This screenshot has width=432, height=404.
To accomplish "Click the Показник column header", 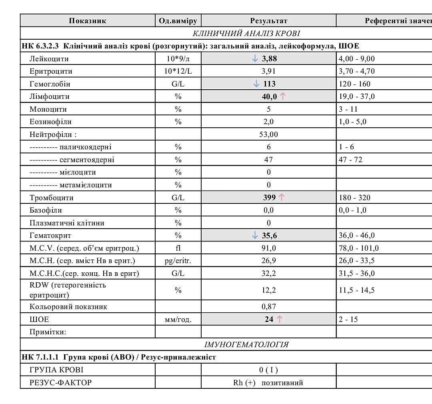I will (88, 21).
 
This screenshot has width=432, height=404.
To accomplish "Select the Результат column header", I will (268, 21).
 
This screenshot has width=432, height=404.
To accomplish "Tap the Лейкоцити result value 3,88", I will (269, 59).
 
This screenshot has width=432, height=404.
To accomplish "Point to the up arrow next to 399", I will (282, 197).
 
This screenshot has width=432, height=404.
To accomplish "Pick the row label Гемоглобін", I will (50, 84).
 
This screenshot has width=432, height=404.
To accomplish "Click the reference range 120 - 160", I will (354, 84).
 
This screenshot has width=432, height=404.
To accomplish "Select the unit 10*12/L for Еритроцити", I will (178, 71).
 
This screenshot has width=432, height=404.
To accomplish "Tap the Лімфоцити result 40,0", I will (269, 96).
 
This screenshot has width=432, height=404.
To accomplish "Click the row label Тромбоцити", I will (51, 197).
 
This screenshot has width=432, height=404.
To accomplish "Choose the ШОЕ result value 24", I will (269, 319).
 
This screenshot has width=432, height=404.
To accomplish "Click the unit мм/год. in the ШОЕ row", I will (178, 319).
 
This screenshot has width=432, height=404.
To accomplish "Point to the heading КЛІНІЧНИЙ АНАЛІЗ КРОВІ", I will (246, 33).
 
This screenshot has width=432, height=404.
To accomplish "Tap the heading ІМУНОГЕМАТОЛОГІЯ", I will (246, 344).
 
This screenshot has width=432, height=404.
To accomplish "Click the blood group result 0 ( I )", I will (268, 370).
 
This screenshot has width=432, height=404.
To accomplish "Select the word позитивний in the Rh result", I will (282, 382).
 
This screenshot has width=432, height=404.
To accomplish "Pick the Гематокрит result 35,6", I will (269, 235).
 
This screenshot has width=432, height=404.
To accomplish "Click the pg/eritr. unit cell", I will (178, 261).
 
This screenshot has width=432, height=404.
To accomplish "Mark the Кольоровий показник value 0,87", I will (268, 307).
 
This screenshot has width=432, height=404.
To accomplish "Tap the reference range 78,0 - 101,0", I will (358, 248).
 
